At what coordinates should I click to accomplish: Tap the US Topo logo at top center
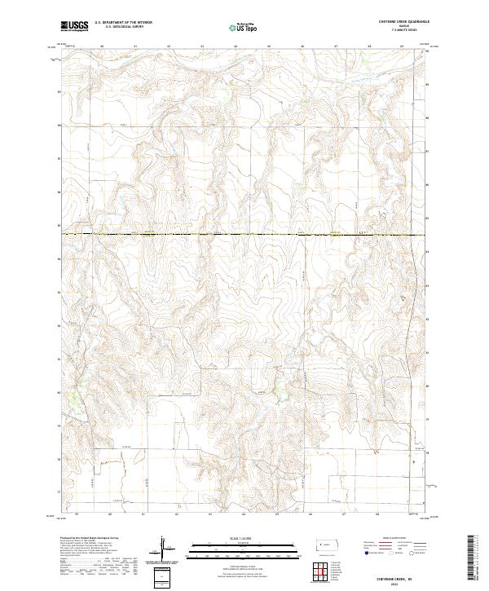point(245,26)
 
